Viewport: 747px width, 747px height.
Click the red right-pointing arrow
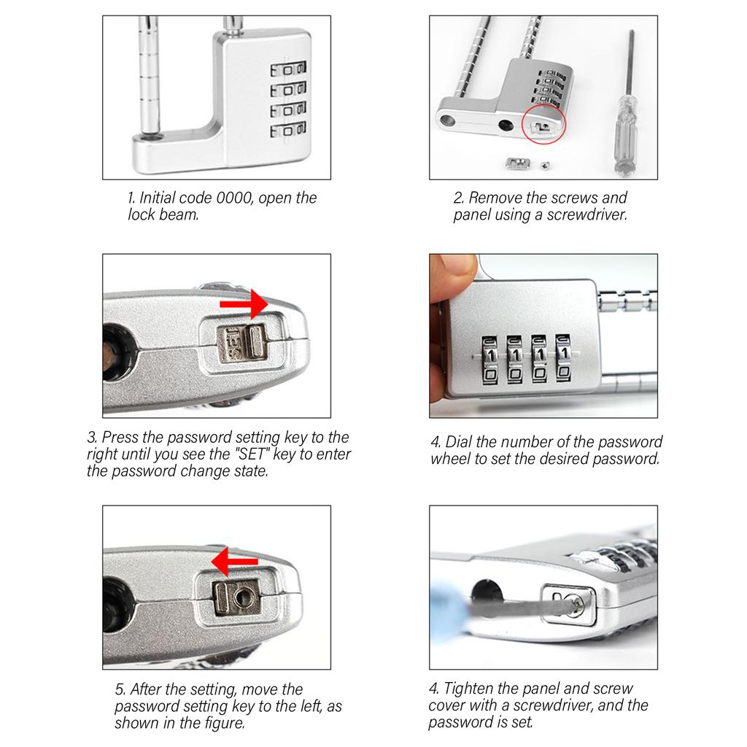point(244,303)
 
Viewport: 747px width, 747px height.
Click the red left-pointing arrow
point(234,562)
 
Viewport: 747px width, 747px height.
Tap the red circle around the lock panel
point(543,124)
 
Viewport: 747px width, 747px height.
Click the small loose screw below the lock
point(545,166)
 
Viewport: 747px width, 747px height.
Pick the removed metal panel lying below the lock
point(517,164)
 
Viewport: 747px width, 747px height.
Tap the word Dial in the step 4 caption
point(458,441)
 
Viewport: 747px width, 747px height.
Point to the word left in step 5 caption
point(311,706)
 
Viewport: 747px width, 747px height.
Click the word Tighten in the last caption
point(468,689)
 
